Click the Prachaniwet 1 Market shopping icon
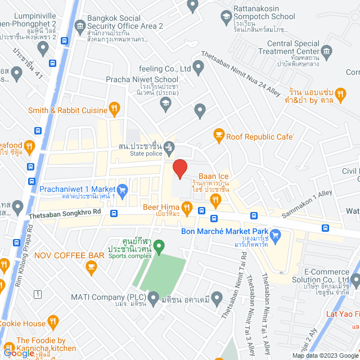[x=123, y=189]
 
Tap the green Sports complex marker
[x=159, y=246]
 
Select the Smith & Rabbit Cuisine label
[x=67, y=110]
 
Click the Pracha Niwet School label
[x=142, y=79]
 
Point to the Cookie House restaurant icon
[x=53, y=322]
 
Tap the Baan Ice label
[x=213, y=176]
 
